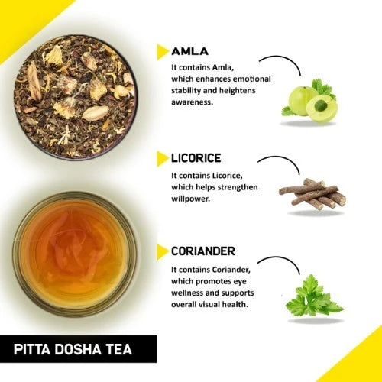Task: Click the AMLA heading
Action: point(190,51)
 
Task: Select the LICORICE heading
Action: point(196,158)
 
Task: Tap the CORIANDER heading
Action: point(203,251)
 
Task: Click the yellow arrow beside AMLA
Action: point(163,52)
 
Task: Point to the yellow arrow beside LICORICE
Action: point(163,158)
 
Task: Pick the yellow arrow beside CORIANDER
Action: point(163,252)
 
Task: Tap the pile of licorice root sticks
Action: point(312,194)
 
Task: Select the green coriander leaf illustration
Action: point(314,296)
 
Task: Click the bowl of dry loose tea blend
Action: point(76,97)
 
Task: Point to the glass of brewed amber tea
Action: point(75,254)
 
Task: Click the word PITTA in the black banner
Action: point(32,349)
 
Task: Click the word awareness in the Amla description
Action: point(192,102)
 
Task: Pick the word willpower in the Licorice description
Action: point(191,199)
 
